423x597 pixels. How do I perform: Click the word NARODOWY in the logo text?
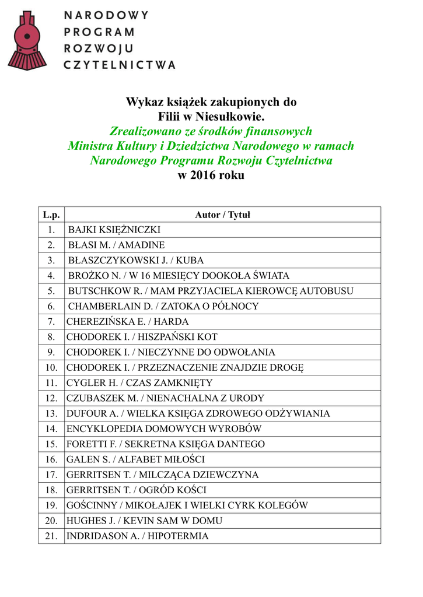click(x=106, y=15)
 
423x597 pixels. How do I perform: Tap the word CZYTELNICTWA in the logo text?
click(x=119, y=65)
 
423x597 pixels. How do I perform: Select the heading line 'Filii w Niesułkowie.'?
click(x=211, y=117)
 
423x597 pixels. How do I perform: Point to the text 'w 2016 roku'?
click(x=211, y=175)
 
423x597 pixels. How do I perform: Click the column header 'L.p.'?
click(x=51, y=215)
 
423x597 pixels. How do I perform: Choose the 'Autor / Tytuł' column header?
click(x=222, y=215)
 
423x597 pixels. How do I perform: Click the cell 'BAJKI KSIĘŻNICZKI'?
click(x=114, y=230)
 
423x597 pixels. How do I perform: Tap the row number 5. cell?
click(x=51, y=291)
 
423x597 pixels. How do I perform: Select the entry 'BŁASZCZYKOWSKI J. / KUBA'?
click(x=136, y=260)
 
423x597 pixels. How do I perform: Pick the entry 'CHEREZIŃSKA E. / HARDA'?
click(x=127, y=321)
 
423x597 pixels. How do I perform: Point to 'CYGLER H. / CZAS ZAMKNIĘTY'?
click(x=139, y=382)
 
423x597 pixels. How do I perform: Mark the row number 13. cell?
click(x=51, y=413)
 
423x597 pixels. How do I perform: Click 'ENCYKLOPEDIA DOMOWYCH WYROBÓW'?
click(x=164, y=429)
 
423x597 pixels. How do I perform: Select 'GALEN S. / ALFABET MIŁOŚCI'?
click(x=135, y=459)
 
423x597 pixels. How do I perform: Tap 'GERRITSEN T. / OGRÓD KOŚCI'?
click(x=136, y=490)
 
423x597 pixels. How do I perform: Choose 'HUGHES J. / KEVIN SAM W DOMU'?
click(x=144, y=521)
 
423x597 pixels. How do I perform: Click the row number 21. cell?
click(x=51, y=536)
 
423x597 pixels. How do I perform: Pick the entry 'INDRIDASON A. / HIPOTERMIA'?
click(x=137, y=536)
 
